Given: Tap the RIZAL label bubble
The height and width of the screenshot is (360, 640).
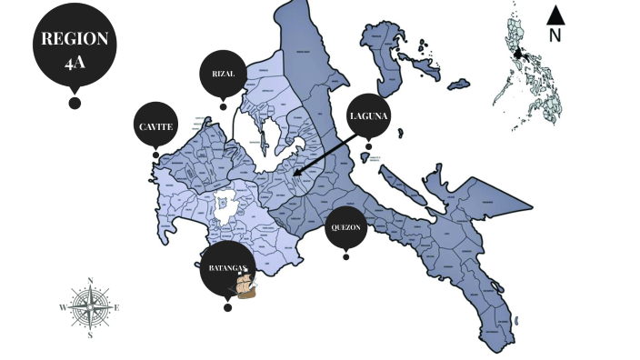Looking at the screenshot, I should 223,74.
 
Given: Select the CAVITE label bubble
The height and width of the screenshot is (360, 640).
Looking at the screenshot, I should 155,126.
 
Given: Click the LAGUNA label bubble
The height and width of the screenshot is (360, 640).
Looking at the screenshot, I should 369,115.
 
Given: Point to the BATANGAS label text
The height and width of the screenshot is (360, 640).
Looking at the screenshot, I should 224,268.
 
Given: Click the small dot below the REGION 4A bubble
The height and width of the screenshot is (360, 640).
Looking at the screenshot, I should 75,103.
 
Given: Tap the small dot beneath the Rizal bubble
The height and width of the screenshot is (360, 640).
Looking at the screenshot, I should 223,106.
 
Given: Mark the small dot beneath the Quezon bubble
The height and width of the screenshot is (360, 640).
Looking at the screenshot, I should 346,256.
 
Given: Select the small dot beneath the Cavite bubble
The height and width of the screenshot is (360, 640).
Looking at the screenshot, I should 155,155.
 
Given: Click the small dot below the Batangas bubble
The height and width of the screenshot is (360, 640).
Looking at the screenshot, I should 227,307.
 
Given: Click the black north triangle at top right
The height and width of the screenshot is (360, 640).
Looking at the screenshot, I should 555,15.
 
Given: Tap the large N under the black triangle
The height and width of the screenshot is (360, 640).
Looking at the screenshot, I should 555,36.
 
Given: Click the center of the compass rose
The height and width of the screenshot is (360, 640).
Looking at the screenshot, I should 90,307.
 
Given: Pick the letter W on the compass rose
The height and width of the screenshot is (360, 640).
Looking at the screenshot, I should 63,308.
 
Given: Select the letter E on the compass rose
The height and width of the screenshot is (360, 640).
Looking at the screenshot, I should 117,307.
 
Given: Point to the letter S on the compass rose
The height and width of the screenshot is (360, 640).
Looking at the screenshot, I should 90,335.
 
